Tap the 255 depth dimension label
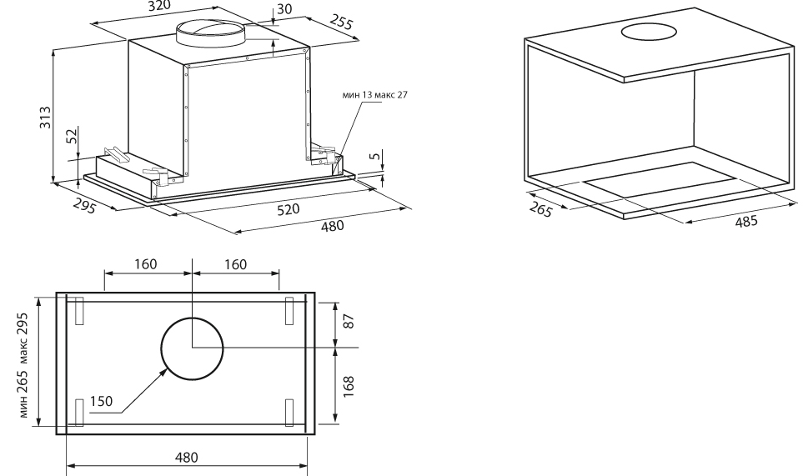pos(340,22)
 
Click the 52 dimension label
pos(73,136)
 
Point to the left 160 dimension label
pos(148,264)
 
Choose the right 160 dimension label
pos(236,264)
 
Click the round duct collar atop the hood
pos(211,34)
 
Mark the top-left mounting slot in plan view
pos(79,310)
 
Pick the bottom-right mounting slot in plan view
pos(289,412)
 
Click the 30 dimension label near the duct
pos(284,11)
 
